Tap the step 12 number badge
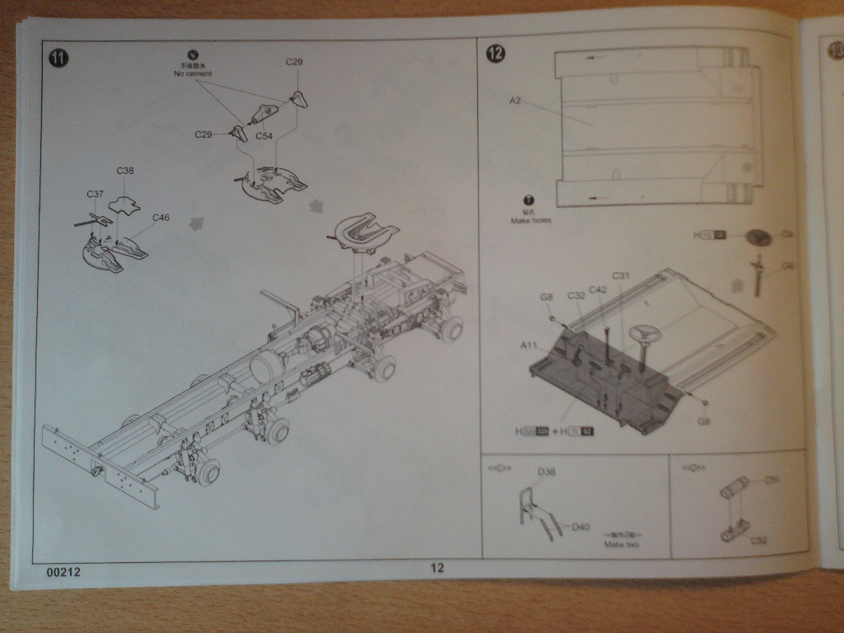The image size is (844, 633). tap(496, 54)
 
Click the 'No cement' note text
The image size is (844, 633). tap(193, 73)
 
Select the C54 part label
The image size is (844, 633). tap(264, 135)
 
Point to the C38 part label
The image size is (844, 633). tap(125, 171)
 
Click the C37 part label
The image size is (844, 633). tap(96, 194)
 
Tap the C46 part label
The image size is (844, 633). tap(162, 218)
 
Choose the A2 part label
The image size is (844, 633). tap(515, 101)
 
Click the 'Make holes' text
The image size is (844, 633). tap(530, 221)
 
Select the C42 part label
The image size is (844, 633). tap(598, 289)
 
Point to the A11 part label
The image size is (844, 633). tap(529, 344)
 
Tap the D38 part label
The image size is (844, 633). tap(546, 471)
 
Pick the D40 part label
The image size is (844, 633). tap(581, 527)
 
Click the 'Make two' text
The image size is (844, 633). tap(621, 544)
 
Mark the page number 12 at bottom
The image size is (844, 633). tap(437, 567)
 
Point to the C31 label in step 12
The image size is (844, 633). tap(621, 275)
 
